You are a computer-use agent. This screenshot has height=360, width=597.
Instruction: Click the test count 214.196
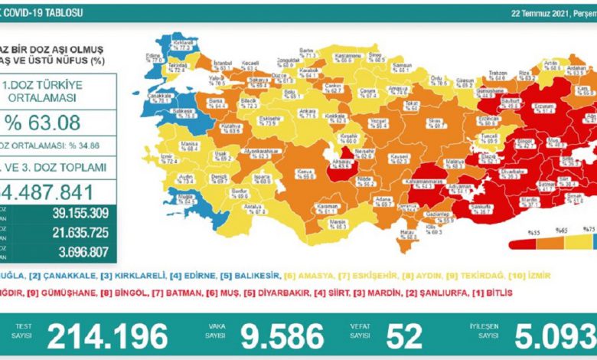(x=107, y=335)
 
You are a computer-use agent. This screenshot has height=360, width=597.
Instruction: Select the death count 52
(x=405, y=335)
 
